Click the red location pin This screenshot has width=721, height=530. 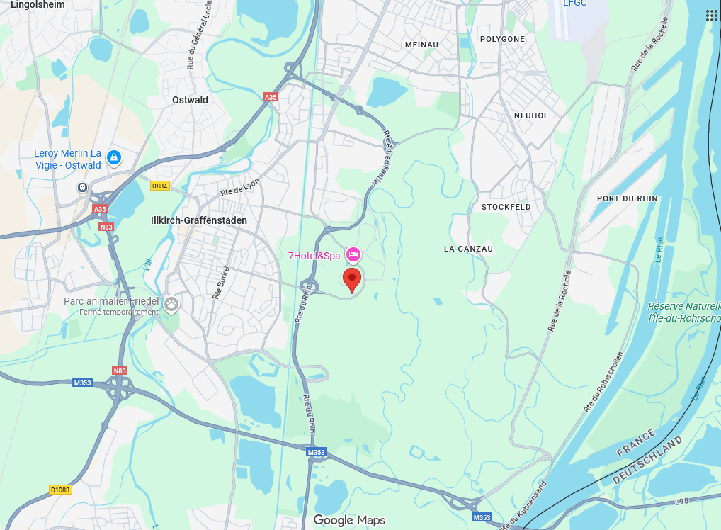coord(352,279)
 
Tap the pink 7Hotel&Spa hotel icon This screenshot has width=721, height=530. coord(353,254)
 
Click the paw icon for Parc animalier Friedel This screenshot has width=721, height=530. coord(171,304)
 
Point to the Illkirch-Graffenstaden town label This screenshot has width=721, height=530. coord(199,220)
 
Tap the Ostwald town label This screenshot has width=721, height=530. coord(191,100)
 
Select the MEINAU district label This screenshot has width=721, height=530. coord(421,45)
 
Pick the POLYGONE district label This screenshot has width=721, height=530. coord(502,39)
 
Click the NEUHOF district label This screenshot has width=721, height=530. coord(531,115)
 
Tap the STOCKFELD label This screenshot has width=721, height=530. coord(506,207)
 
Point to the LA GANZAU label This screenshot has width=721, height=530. coord(468,249)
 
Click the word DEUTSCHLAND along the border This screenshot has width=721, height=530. coord(647,461)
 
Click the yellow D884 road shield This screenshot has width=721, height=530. coord(160,186)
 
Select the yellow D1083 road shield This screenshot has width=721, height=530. coord(60,490)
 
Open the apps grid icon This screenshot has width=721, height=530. coord(712,16)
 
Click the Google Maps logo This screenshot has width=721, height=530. coord(349,521)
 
